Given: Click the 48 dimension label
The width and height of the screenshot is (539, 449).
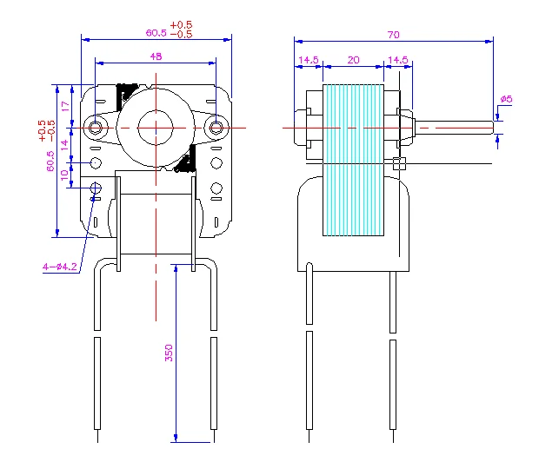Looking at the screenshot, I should (x=156, y=56).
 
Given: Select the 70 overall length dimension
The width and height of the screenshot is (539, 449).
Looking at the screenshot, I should (x=393, y=35).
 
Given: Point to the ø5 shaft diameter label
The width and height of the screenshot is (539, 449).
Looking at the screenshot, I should (x=506, y=100).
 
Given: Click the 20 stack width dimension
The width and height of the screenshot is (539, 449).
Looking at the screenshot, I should (x=353, y=60).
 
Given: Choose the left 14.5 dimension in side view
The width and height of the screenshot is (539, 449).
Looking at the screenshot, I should (x=309, y=60).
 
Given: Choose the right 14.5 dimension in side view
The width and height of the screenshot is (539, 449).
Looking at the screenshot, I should (x=397, y=60).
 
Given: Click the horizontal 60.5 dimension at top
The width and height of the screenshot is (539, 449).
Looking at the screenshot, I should (x=156, y=33).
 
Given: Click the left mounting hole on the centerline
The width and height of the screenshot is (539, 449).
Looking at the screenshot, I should (x=95, y=128).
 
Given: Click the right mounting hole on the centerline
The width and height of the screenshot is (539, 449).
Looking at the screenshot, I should (x=216, y=128).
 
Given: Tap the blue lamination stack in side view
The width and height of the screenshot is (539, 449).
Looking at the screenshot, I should (x=353, y=161).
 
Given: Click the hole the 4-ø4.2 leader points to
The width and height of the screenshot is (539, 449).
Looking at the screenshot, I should (x=96, y=188).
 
